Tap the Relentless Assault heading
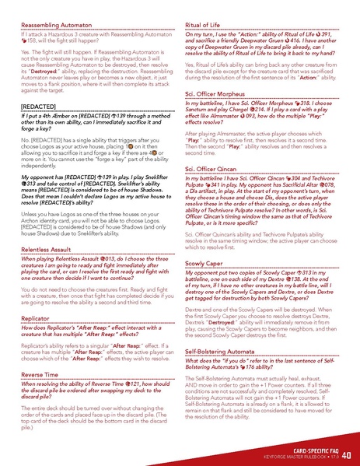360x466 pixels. pyautogui.click(x=47, y=251)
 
